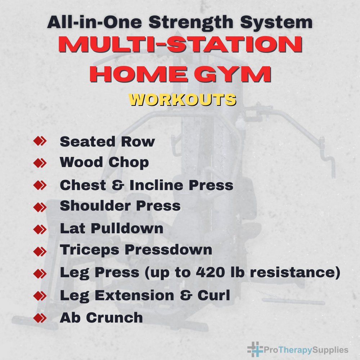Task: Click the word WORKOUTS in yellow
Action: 182,100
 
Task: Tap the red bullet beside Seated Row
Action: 40,141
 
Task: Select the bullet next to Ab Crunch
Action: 40,318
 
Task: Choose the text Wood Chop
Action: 104,163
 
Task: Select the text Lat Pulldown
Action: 111,228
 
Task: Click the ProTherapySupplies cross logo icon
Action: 255,349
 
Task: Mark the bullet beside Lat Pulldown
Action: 40,229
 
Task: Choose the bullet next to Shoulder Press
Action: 40,207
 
